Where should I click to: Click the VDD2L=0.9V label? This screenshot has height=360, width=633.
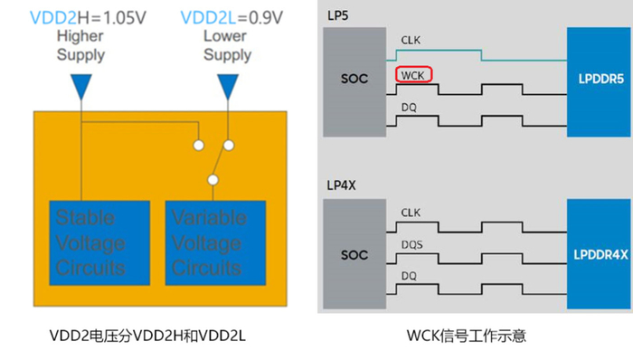coord(228,16)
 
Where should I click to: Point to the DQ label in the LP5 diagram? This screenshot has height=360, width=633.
coord(408,107)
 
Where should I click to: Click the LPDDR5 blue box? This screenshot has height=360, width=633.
coord(598,79)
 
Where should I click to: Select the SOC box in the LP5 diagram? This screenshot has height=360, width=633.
coord(354,79)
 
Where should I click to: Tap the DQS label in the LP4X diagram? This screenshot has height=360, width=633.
coord(411,244)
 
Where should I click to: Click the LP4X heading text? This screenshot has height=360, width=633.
coord(343,185)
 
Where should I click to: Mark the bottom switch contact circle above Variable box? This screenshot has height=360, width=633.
coord(213,179)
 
